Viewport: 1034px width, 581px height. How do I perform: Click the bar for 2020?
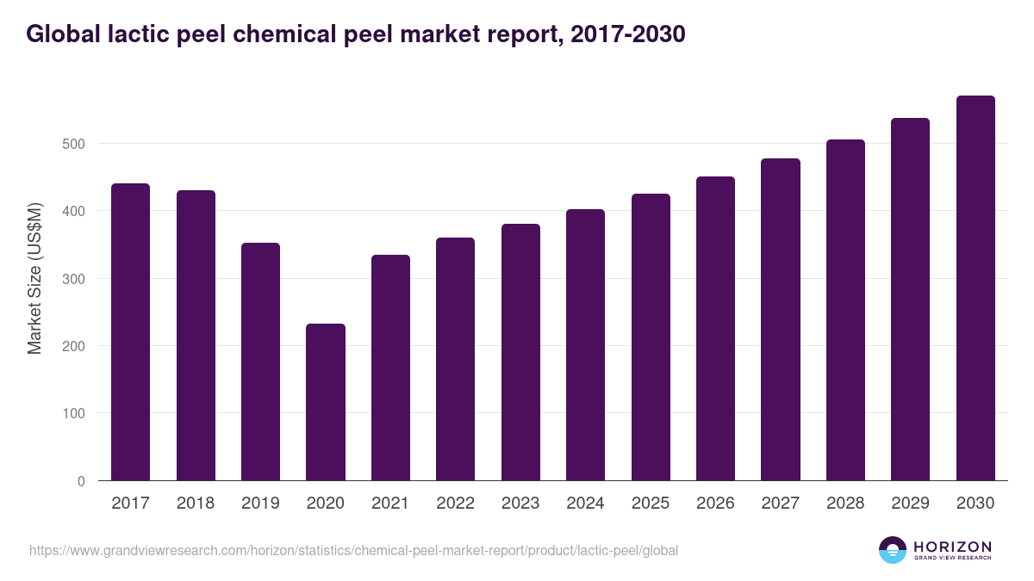point(326,402)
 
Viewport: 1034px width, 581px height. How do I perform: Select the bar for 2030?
point(975,288)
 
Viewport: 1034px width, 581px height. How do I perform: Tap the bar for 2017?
point(130,332)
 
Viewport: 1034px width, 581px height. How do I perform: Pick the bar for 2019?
point(260,362)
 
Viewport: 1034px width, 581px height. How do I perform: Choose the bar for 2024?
point(585,345)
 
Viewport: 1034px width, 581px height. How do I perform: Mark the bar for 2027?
point(781,319)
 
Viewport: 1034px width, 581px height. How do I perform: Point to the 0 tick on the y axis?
point(81,481)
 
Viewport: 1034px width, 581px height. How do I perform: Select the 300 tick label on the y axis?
point(73,279)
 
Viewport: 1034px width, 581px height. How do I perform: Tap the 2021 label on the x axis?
point(390,504)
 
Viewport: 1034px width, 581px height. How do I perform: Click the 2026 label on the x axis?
point(715,504)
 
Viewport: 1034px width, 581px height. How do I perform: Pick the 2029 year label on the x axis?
point(910,504)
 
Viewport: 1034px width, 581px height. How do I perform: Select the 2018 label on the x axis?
point(196,504)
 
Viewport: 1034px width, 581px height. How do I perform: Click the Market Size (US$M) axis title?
point(34,278)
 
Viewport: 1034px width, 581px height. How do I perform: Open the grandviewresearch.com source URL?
point(353,550)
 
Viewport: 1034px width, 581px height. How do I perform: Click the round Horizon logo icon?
point(893,550)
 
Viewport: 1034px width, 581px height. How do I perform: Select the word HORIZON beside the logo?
point(952,546)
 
